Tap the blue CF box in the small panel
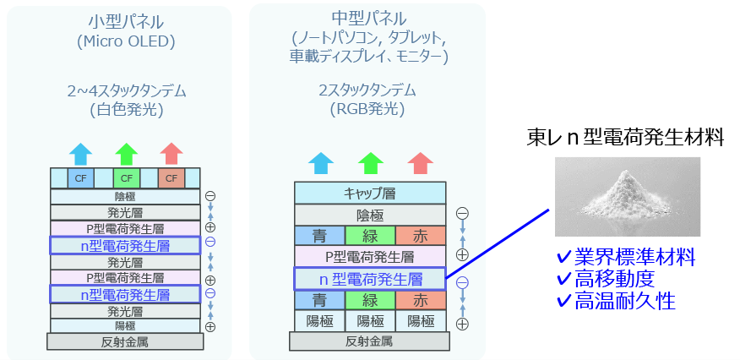tap(80, 177)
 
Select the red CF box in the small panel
tap(171, 177)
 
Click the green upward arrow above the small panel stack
tap(126, 153)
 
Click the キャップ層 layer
tap(370, 194)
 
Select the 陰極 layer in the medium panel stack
tap(370, 215)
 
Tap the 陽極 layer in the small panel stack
tap(125, 325)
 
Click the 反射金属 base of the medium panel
tap(370, 341)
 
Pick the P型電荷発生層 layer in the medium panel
tap(370, 256)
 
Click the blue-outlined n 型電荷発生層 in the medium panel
tap(370, 278)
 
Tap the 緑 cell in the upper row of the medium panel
tap(370, 235)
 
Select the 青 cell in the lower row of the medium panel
tap(318, 299)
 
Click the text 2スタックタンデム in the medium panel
tap(367, 90)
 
